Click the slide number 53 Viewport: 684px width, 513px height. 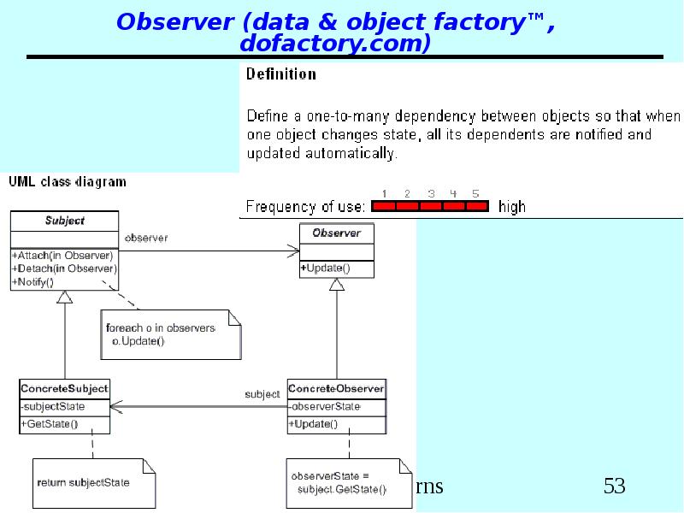614,486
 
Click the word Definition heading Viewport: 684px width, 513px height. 280,74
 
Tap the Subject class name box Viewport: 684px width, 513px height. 65,221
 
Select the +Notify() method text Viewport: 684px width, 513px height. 33,281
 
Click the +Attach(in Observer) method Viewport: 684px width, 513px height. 62,256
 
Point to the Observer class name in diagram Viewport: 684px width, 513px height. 336,233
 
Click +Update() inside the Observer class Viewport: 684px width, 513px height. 325,268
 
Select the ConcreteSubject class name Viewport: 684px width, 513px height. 64,389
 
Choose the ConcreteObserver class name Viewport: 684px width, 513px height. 336,389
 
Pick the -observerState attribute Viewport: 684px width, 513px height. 325,406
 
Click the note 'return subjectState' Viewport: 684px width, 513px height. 84,482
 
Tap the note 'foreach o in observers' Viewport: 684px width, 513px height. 161,328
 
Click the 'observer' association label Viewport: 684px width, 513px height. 146,239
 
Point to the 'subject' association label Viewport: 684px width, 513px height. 262,395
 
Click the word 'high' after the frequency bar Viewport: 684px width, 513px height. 512,207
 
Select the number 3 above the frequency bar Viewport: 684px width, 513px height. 431,194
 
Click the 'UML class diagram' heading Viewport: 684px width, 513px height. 68,182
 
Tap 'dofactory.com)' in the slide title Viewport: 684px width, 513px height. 334,44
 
